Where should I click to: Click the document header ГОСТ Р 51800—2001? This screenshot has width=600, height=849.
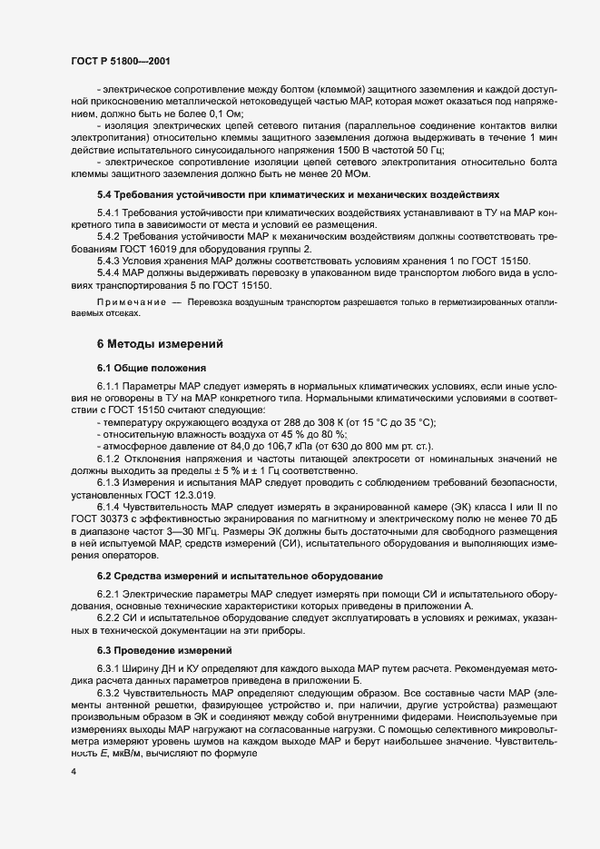click(119, 61)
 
